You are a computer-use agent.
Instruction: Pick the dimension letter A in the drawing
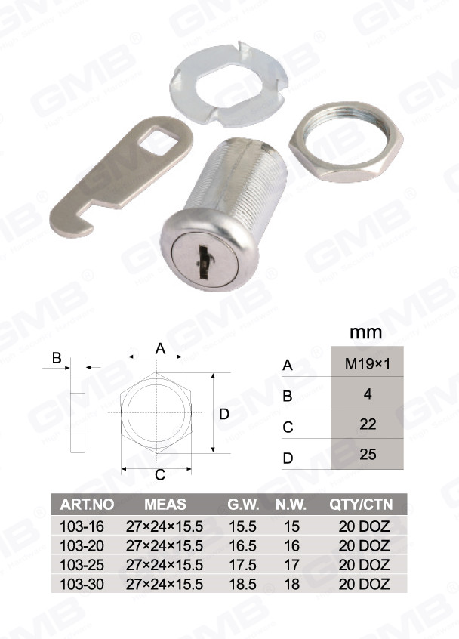(161, 349)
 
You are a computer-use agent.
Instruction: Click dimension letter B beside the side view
(57, 358)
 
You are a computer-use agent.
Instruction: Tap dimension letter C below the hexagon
(160, 475)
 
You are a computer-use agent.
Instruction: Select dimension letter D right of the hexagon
(224, 414)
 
